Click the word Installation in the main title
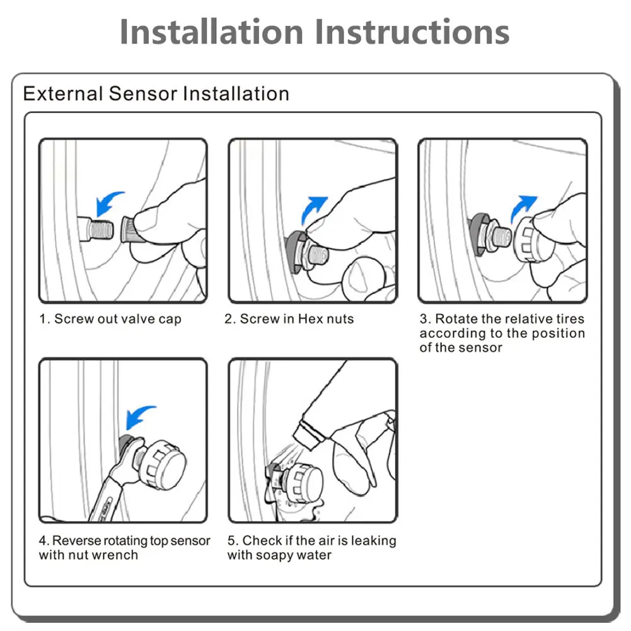point(211,32)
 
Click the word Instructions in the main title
point(412,32)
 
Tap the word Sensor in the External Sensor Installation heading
point(143,93)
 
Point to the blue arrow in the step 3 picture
point(522,209)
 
